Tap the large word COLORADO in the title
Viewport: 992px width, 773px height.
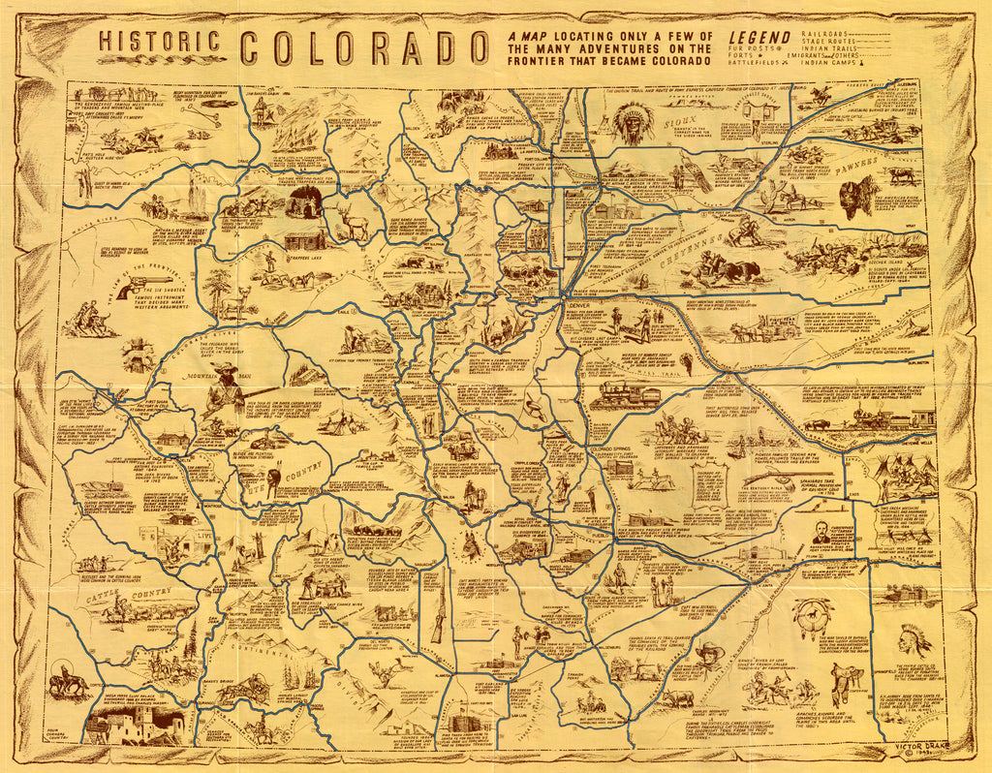tap(364, 48)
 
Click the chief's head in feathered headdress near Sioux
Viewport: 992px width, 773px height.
tap(633, 124)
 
